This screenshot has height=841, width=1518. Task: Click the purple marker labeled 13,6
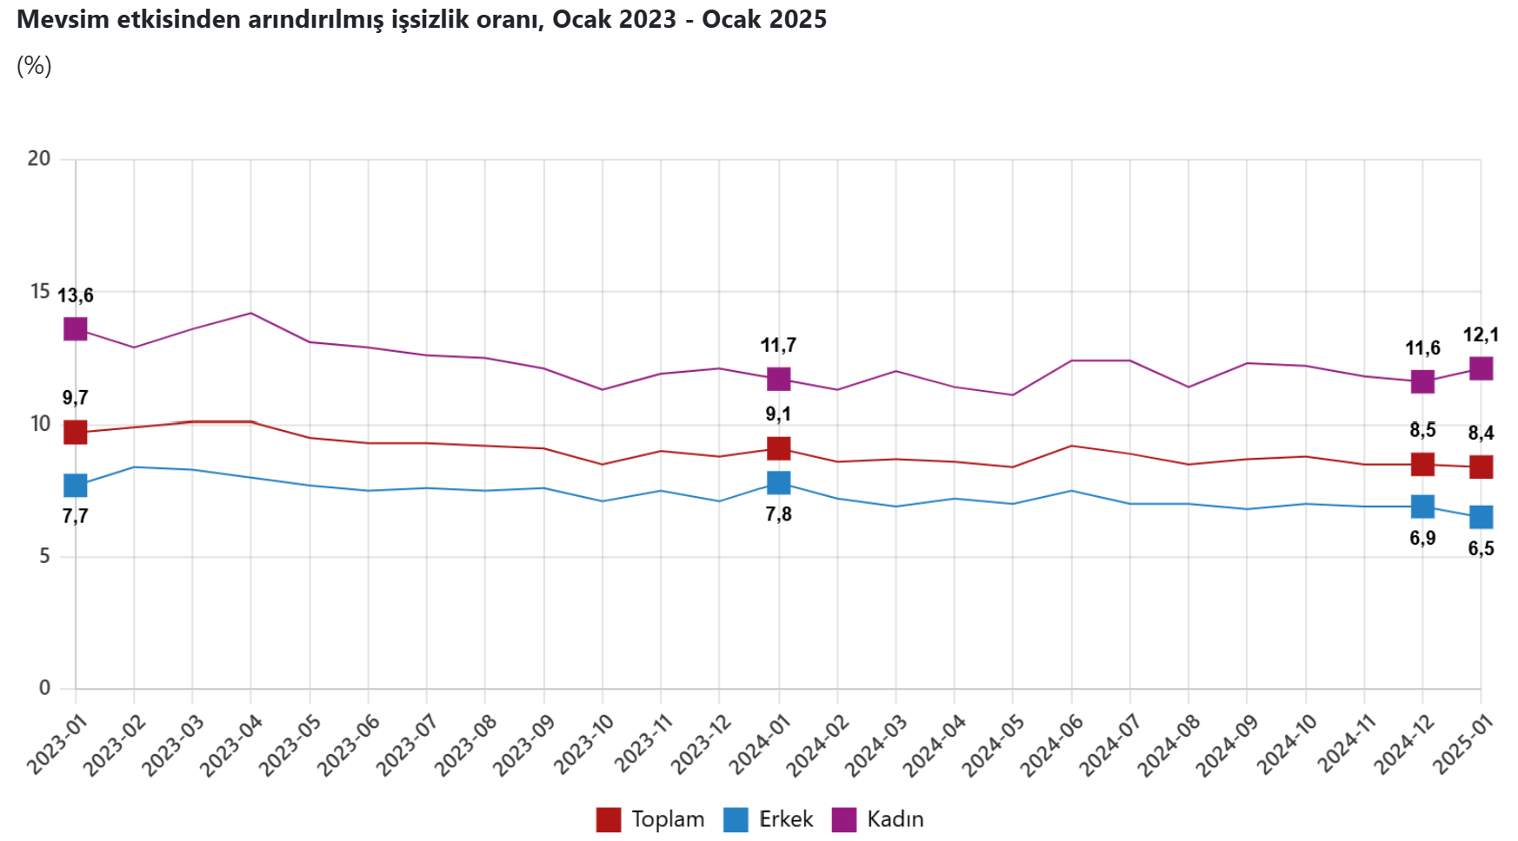click(x=76, y=329)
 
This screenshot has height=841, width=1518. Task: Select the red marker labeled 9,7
click(x=76, y=432)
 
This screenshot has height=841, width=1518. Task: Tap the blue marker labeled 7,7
click(x=76, y=485)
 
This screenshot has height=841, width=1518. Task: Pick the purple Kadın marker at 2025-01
click(x=1481, y=368)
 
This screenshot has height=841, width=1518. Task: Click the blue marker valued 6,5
click(x=1481, y=517)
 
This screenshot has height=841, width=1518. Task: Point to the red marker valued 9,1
click(x=778, y=448)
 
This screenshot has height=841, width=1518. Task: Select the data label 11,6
click(x=1422, y=348)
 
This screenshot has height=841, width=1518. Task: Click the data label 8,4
click(x=1481, y=433)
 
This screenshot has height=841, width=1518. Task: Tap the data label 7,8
click(x=778, y=514)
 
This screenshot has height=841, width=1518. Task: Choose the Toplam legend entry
click(x=651, y=819)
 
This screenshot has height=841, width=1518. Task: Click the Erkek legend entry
click(x=769, y=819)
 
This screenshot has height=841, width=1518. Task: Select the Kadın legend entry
click(x=879, y=819)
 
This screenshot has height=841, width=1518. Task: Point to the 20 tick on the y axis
click(x=39, y=158)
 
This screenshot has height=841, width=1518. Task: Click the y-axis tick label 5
click(x=44, y=556)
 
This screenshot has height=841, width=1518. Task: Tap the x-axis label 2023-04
click(x=231, y=745)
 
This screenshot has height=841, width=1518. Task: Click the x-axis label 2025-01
click(x=1462, y=745)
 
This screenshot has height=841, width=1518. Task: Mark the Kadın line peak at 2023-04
click(x=251, y=313)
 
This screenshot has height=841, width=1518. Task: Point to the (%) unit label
click(x=34, y=66)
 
